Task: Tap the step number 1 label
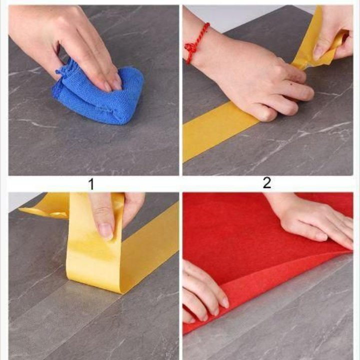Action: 91,184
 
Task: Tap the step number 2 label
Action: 267,183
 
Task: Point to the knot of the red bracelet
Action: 190,48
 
